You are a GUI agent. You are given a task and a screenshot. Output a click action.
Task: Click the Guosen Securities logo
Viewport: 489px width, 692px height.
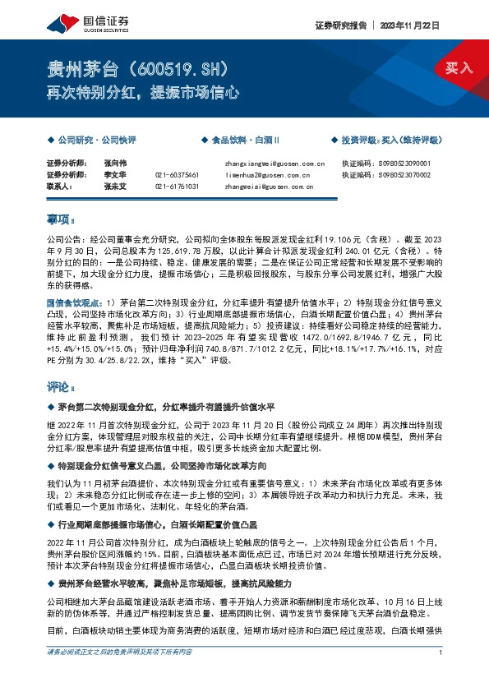[78, 21]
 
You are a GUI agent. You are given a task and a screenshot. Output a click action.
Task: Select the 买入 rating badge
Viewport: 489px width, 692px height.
[459, 67]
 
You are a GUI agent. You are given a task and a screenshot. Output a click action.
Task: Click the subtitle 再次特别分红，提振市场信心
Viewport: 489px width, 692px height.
[142, 93]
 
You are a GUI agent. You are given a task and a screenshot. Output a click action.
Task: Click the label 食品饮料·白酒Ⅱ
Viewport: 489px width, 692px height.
[247, 141]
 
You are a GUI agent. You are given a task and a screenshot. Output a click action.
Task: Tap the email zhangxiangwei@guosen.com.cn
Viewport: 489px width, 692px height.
[274, 164]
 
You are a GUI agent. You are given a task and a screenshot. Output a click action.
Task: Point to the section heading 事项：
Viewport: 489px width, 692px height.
[62, 219]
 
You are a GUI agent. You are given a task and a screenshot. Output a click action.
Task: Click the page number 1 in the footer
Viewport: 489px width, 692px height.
[442, 675]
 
